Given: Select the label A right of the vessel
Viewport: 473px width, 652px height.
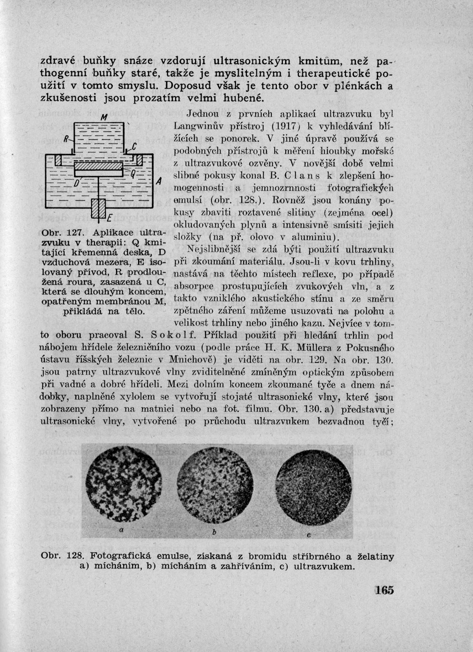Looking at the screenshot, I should pyautogui.click(x=159, y=182).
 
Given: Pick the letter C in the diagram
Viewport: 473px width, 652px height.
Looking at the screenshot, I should pyautogui.click(x=134, y=146).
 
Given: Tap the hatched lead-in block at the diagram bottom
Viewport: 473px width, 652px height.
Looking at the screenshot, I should pyautogui.click(x=98, y=209).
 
